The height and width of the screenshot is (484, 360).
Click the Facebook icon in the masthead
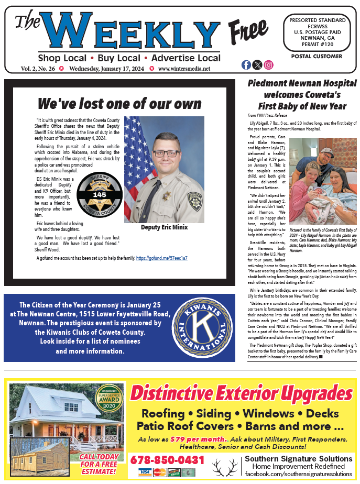[x=246, y=65]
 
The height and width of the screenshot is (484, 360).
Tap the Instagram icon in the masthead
[x=269, y=65]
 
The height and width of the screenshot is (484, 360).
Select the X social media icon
[x=257, y=65]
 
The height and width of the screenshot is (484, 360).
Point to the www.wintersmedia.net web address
[x=184, y=69]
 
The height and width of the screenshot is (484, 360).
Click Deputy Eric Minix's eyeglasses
[x=157, y=153]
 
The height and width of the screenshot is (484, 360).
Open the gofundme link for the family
[x=161, y=258]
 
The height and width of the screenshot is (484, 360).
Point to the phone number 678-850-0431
[x=167, y=460]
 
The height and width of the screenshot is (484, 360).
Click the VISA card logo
[x=144, y=472]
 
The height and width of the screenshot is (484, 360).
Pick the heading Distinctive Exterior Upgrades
[x=241, y=392]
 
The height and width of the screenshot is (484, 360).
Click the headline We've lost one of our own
[x=119, y=103]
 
